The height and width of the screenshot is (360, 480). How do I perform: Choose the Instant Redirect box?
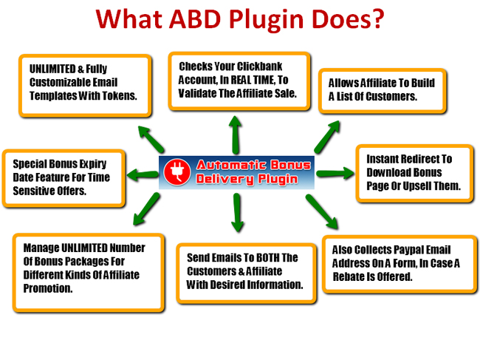pos(408,172)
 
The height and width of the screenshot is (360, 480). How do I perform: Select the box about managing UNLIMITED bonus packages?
pos(88,270)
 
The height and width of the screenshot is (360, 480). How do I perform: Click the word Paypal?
pos(408,250)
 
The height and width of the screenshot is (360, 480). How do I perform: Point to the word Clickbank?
pos(253,67)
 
